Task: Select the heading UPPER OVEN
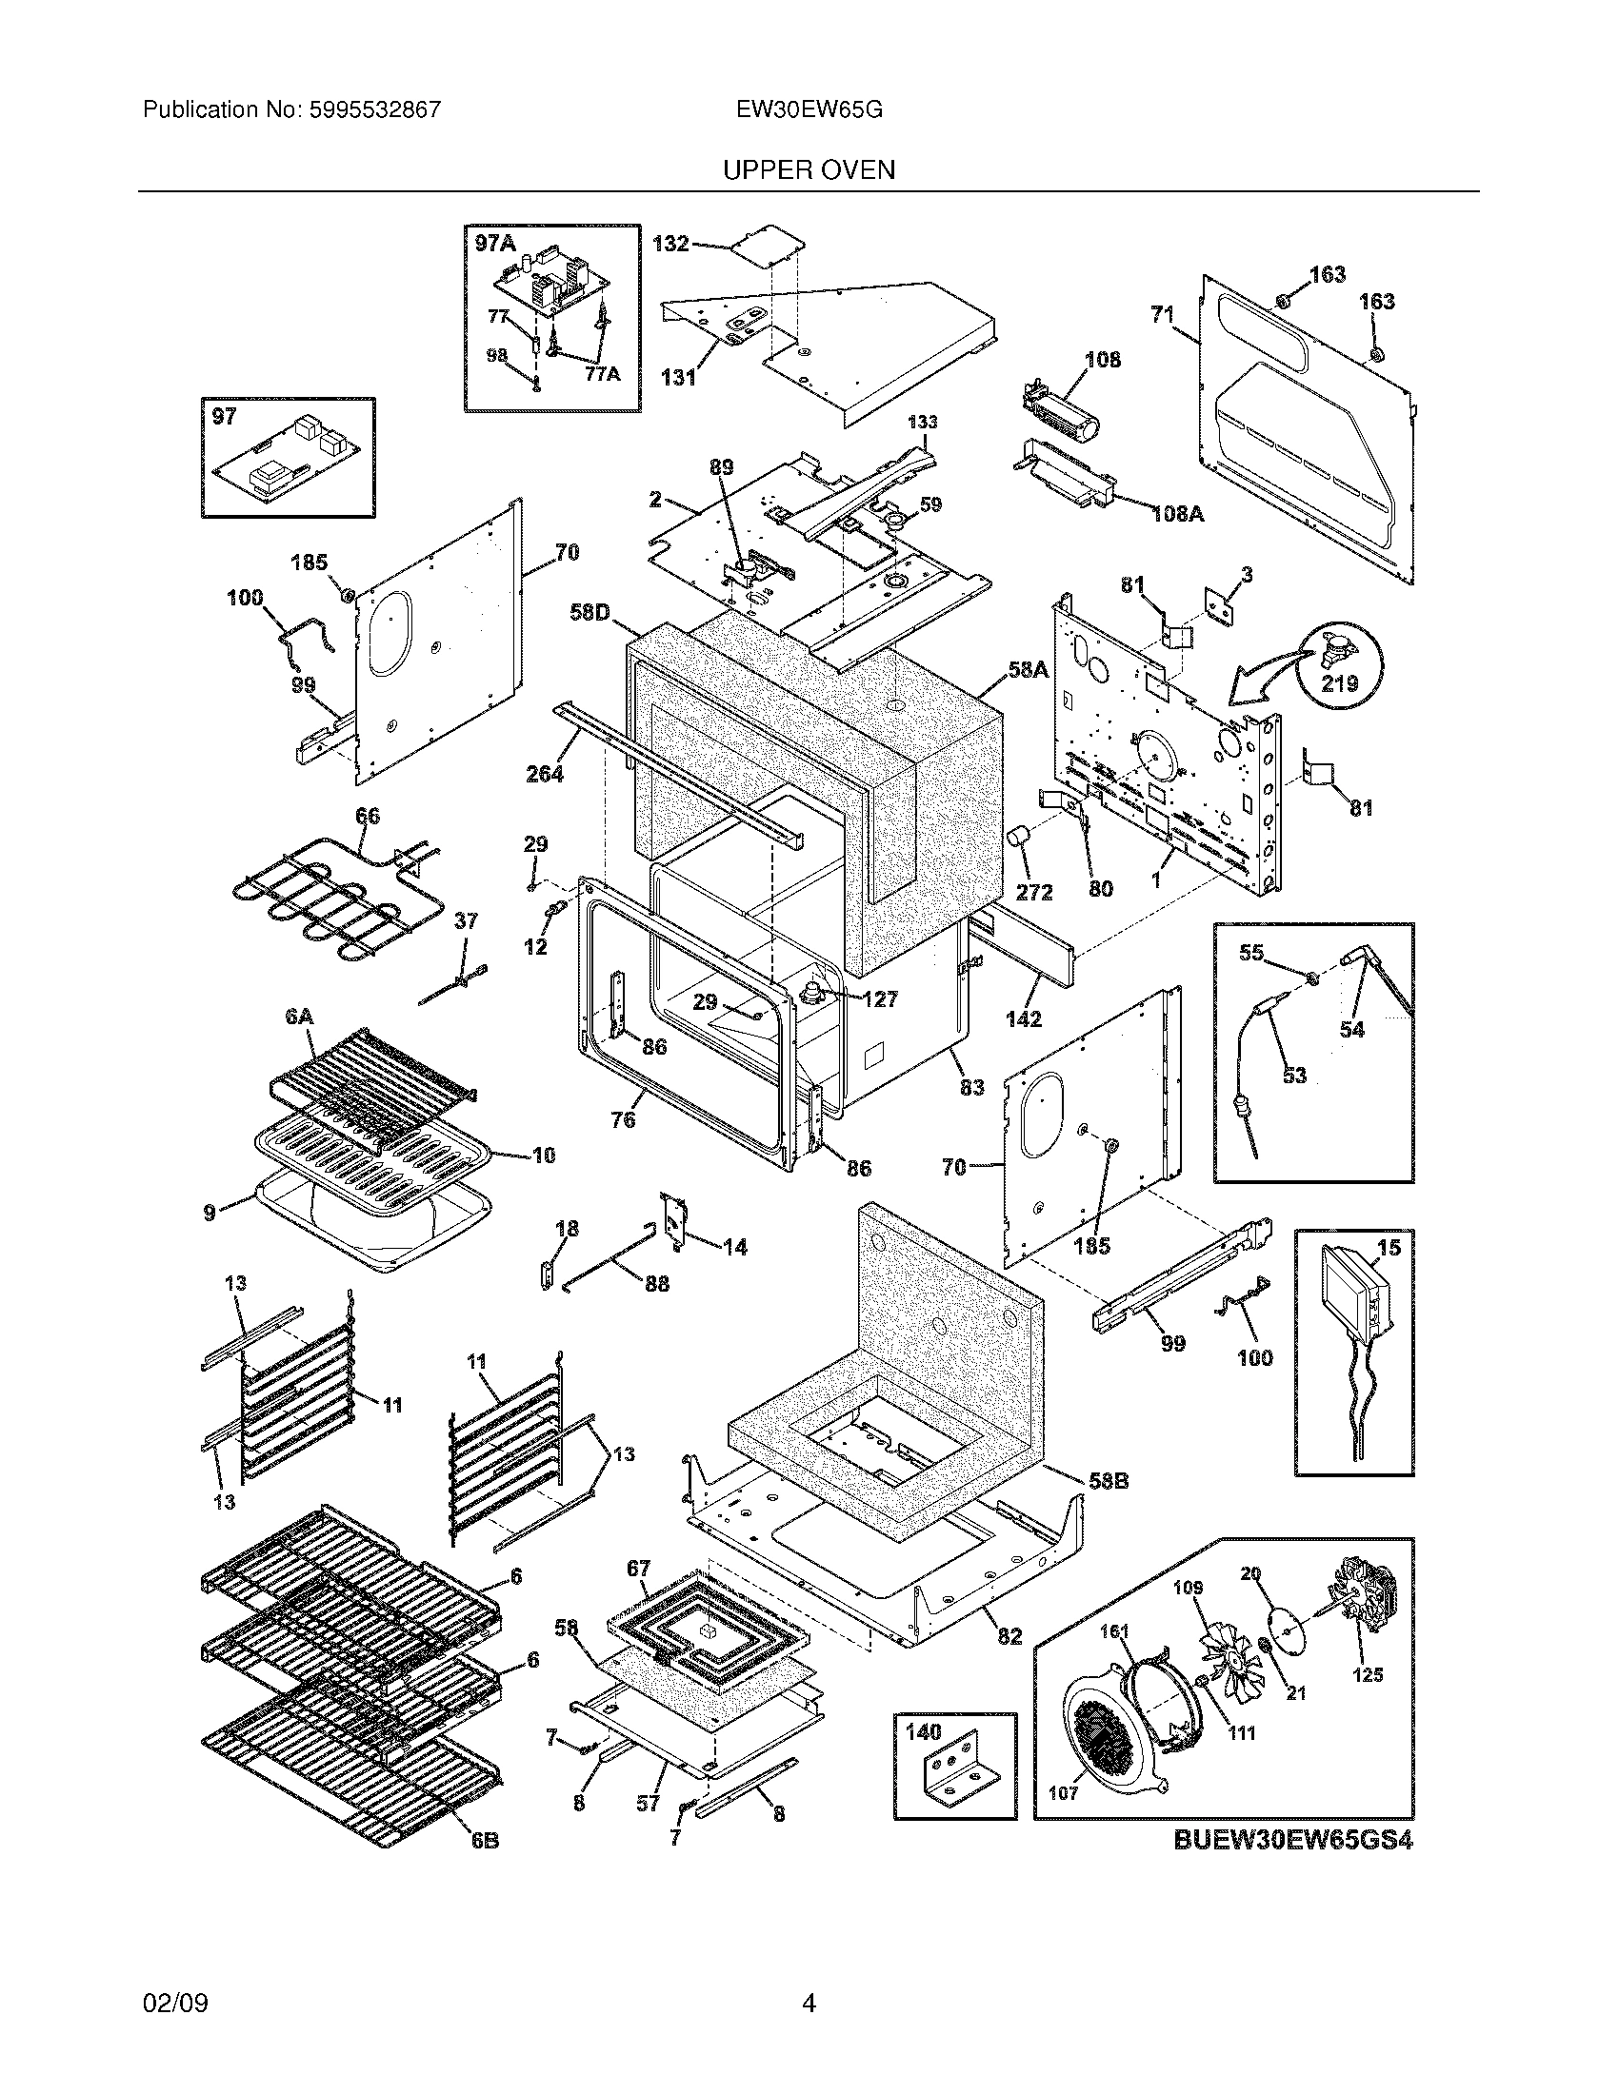[x=809, y=169]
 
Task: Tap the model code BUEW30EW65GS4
[x=1293, y=1841]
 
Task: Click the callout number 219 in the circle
[x=1340, y=682]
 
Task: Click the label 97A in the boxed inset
[x=495, y=244]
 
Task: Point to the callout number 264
[x=545, y=773]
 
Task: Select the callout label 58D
[x=590, y=611]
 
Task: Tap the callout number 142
[x=1024, y=1019]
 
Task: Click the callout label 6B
[x=485, y=1842]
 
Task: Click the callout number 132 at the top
[x=670, y=244]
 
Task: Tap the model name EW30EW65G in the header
[x=809, y=109]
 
